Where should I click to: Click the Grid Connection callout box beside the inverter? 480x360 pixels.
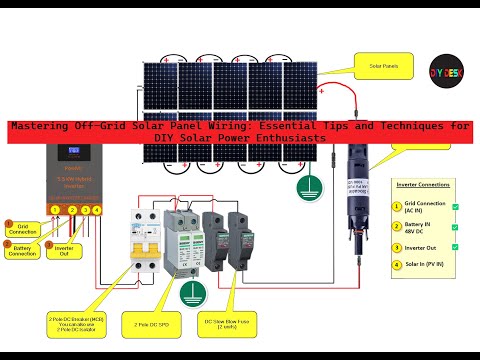coord(22,229)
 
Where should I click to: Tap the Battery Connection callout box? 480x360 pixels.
coord(22,251)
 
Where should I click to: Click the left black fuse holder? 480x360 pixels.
coord(212,239)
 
